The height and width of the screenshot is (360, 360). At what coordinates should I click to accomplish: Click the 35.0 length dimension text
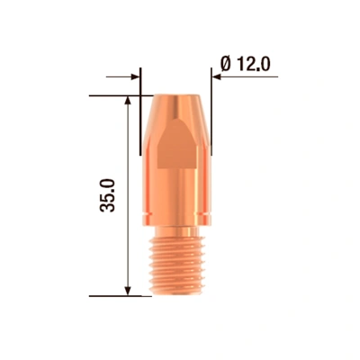110,194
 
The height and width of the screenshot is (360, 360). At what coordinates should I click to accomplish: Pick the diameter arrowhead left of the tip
136,78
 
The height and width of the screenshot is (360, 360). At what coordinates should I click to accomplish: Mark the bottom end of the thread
178,293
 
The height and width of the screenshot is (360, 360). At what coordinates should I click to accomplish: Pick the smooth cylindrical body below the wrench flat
177,198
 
